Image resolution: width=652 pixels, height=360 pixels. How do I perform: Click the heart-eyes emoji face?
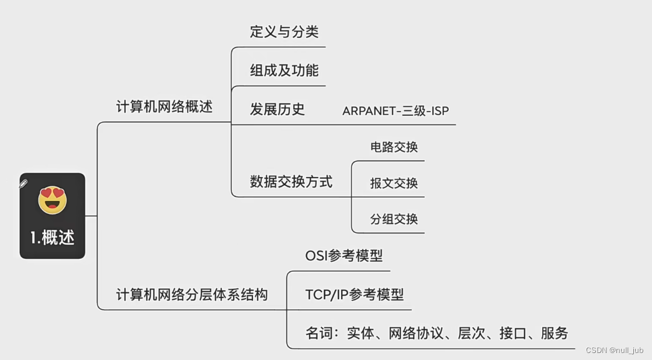coord(53,200)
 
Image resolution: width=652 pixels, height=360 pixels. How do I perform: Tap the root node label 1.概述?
coord(53,237)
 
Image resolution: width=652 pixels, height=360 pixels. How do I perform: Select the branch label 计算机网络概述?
coord(164,107)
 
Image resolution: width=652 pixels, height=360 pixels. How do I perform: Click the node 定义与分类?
coord(284,32)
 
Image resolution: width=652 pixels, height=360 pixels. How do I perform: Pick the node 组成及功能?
coord(284,71)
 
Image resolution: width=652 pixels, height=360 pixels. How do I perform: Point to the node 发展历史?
coord(277,109)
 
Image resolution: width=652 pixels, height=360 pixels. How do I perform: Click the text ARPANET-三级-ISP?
coord(396,111)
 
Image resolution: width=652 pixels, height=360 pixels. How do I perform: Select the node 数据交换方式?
coord(291,182)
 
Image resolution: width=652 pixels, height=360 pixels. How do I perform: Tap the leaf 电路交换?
coord(394,147)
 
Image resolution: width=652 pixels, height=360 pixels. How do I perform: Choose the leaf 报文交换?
coord(394,184)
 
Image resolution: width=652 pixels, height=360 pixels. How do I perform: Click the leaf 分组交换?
coord(394,220)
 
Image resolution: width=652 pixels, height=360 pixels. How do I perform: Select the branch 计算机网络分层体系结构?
coord(192,295)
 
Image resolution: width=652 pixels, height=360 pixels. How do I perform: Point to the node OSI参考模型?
coord(344,256)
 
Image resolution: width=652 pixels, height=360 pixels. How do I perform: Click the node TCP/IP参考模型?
coord(354,295)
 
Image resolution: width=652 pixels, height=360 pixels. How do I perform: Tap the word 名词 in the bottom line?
coord(319,333)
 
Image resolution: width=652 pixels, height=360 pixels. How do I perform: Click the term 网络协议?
coord(416,333)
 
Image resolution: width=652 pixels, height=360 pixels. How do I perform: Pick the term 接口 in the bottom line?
coord(513,333)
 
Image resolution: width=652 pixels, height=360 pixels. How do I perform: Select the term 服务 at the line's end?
coord(554,333)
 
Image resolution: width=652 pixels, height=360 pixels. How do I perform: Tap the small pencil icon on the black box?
coord(24,184)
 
